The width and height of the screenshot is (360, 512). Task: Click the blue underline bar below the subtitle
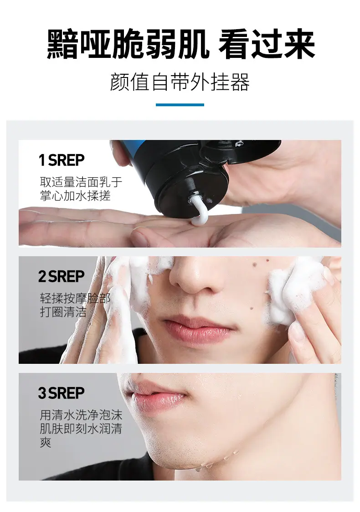pos(180,105)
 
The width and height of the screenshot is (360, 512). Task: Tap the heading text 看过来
pos(267,44)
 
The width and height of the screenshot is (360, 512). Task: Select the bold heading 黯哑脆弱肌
pos(128,44)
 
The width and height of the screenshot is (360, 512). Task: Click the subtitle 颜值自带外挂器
pos(180,82)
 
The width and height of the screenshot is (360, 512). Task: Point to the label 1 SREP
pos(62,160)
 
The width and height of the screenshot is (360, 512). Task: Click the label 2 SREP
pos(62,276)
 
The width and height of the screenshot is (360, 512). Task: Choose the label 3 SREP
pos(62,393)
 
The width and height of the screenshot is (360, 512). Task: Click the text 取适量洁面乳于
pos(81,182)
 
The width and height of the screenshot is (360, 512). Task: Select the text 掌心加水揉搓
pos(75,196)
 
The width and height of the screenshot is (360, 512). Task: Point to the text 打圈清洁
pos(63,312)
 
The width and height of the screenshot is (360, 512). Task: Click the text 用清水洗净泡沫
pos(81,415)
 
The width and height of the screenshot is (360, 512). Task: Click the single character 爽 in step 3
pos(46,442)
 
